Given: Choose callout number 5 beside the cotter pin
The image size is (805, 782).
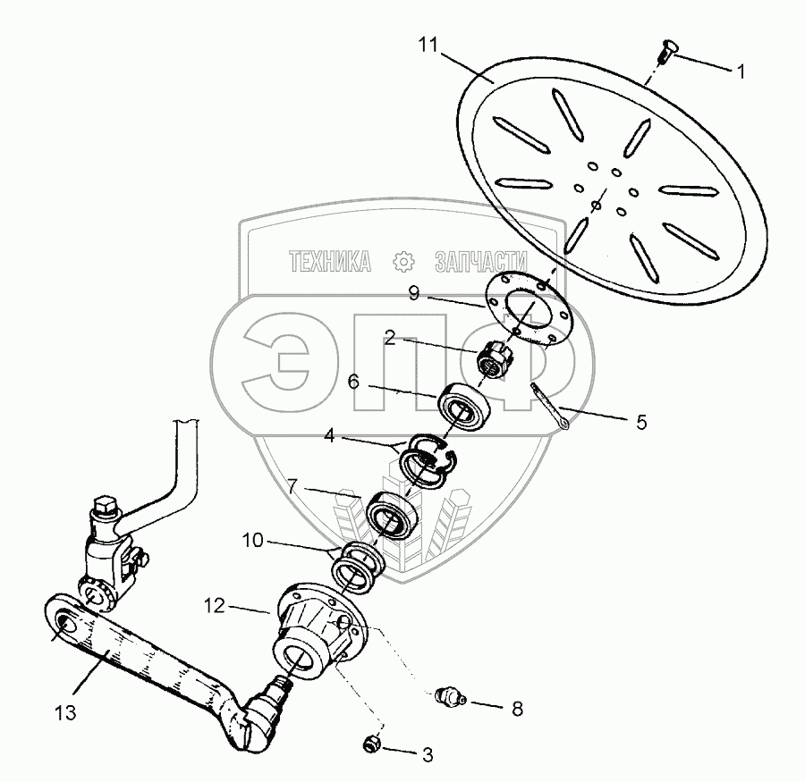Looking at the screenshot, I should [641, 421].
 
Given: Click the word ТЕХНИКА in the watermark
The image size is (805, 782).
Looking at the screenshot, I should [330, 261].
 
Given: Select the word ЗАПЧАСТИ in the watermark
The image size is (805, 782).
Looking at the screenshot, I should [480, 261].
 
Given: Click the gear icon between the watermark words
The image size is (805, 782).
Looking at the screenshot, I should [403, 261].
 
